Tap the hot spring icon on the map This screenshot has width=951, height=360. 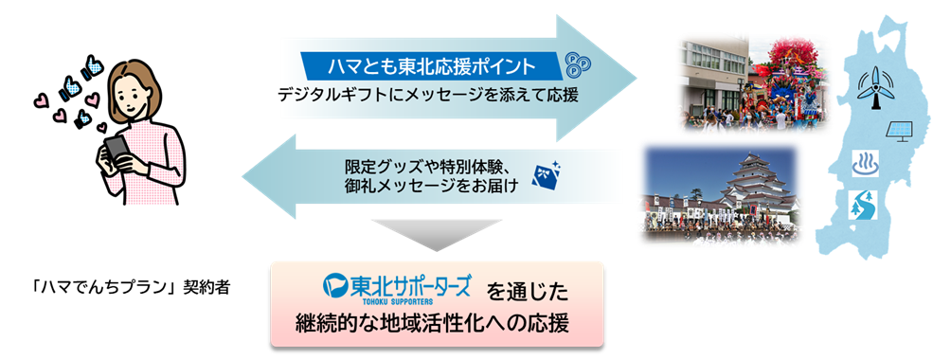(x=868, y=160)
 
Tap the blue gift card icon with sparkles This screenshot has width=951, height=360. (x=547, y=172)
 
